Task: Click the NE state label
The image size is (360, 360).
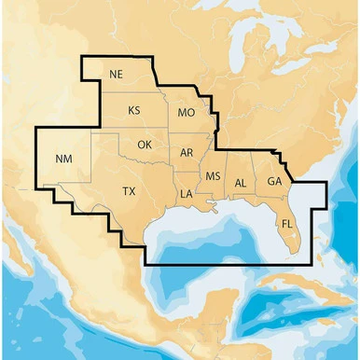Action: [x=116, y=75]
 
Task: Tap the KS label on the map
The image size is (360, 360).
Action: [x=134, y=110]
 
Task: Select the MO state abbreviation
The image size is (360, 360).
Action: [x=186, y=113]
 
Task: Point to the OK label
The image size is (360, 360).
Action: [x=144, y=145]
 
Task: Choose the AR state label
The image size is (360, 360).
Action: [x=187, y=152]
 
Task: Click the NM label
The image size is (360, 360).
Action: [x=63, y=159]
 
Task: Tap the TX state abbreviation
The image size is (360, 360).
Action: [x=129, y=191]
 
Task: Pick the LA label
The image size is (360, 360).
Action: [x=186, y=194]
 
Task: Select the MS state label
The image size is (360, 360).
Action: [x=213, y=176]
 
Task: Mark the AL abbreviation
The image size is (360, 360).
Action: [x=241, y=183]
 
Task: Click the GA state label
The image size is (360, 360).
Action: [x=274, y=181]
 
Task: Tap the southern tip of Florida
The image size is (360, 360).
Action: [x=297, y=251]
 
